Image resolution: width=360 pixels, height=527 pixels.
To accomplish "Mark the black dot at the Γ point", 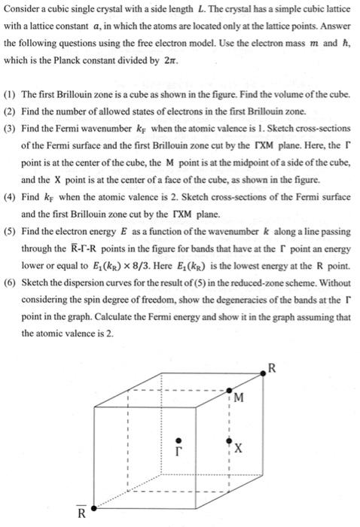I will coord(178,439).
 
